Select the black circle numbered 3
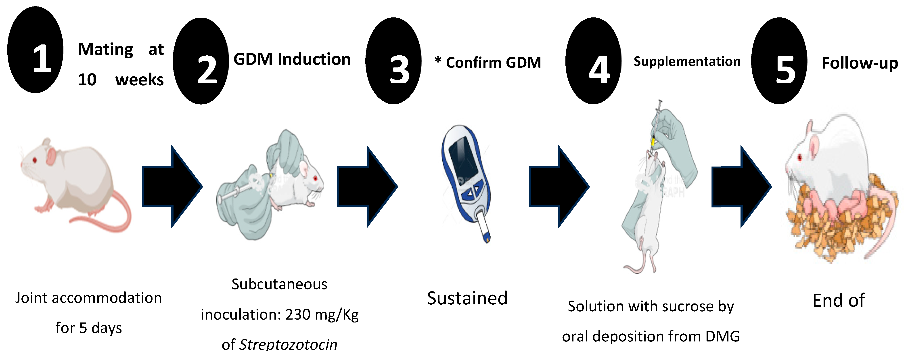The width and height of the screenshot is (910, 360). pos(393,61)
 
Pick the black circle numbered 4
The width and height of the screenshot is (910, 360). pos(594,61)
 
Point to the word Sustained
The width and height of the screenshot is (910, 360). pos(467,298)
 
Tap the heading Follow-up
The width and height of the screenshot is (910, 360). pos(860,63)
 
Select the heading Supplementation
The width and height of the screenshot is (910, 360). pos(687,61)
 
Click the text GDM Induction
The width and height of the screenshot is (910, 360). pos(292,59)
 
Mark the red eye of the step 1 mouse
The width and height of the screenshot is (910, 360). pos(35,160)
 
